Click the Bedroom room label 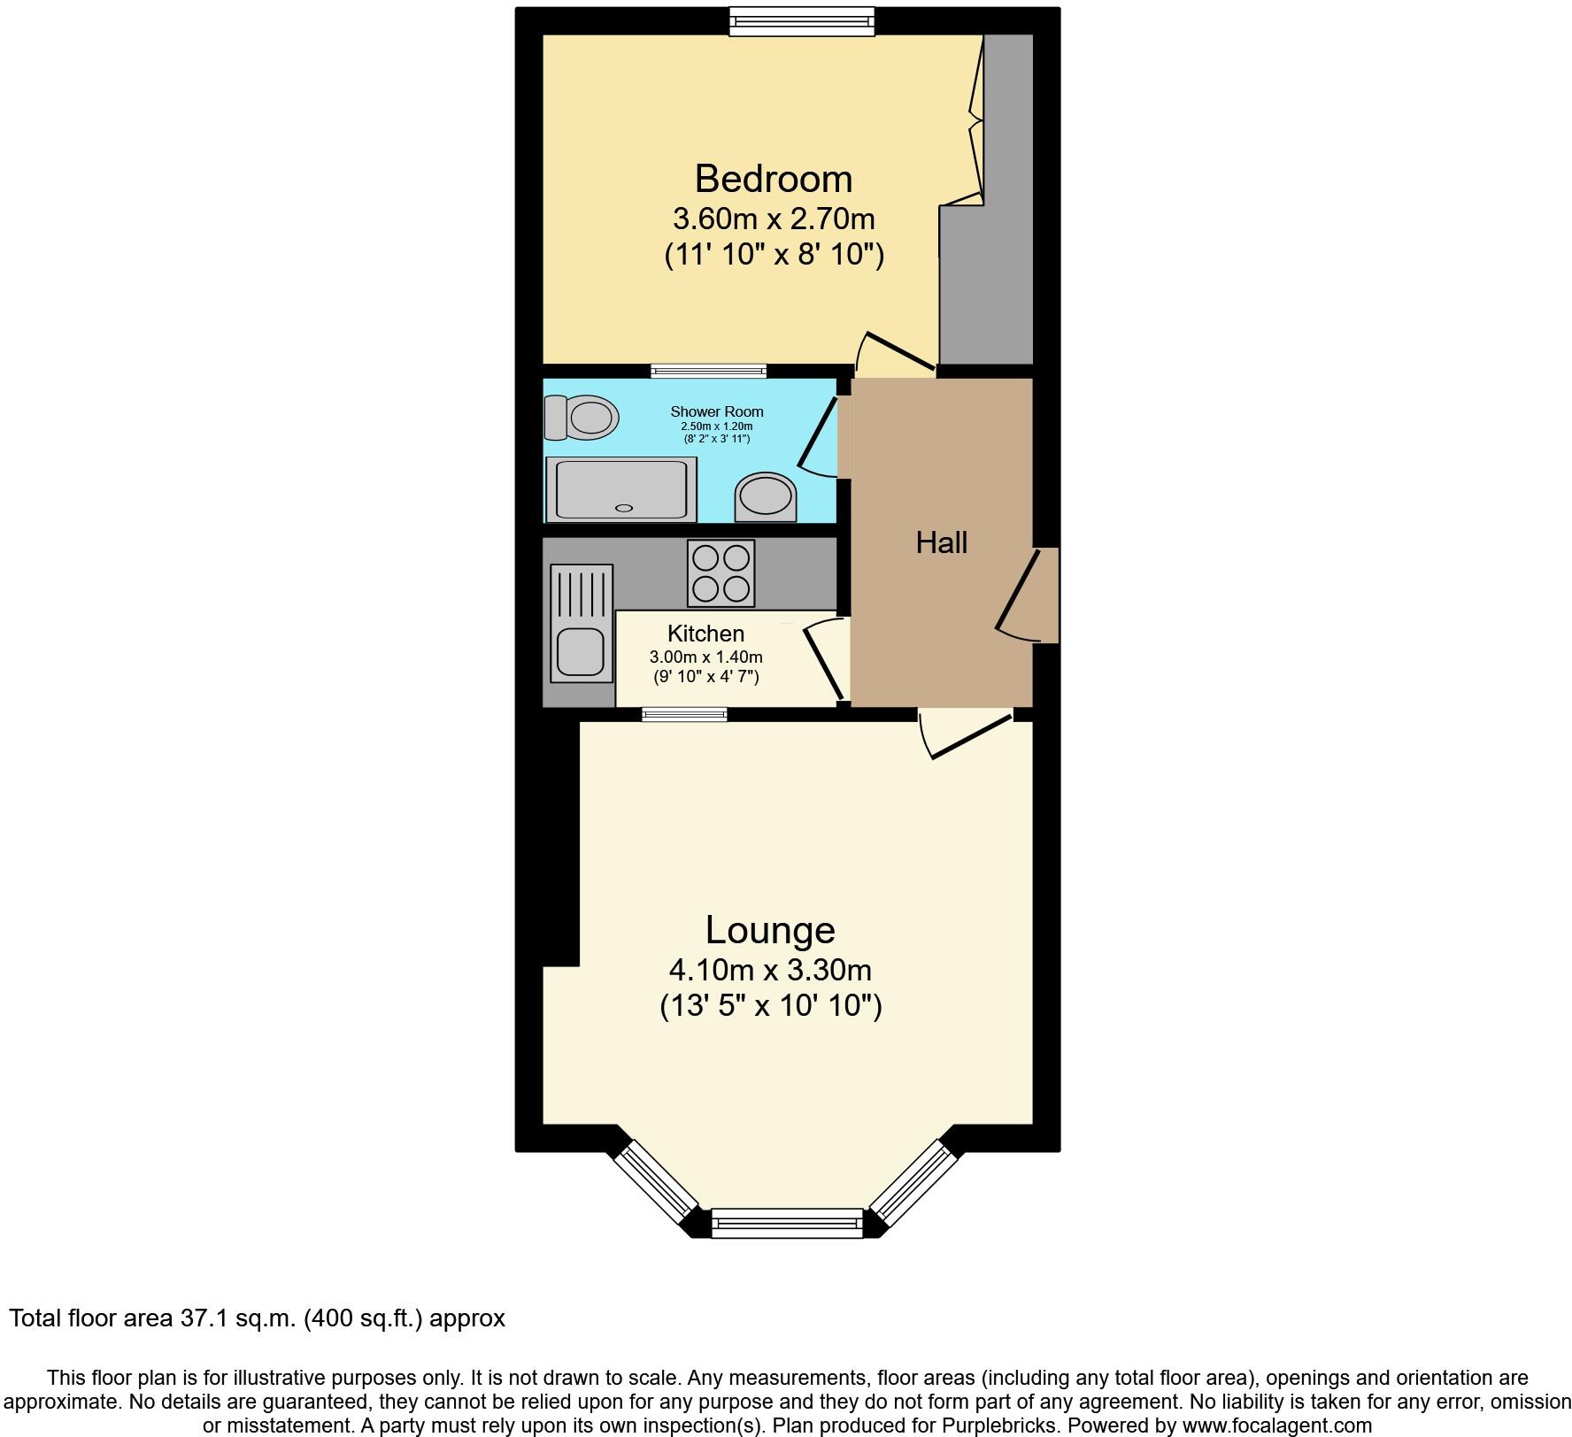coord(773,179)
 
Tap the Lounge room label coord(769,930)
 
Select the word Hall coord(941,542)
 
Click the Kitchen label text coord(705,634)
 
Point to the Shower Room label coord(716,411)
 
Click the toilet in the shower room coord(582,417)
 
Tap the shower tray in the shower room coord(621,488)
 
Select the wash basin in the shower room coord(766,497)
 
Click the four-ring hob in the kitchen coord(720,573)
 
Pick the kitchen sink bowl coord(580,653)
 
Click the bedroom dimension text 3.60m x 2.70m coord(774,218)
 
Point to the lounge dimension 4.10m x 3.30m coord(770,970)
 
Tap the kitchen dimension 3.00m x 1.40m coord(705,657)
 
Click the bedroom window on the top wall coord(802,21)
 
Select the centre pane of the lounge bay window coord(787,1223)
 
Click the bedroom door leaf coord(900,350)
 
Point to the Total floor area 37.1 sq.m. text coord(257,1318)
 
